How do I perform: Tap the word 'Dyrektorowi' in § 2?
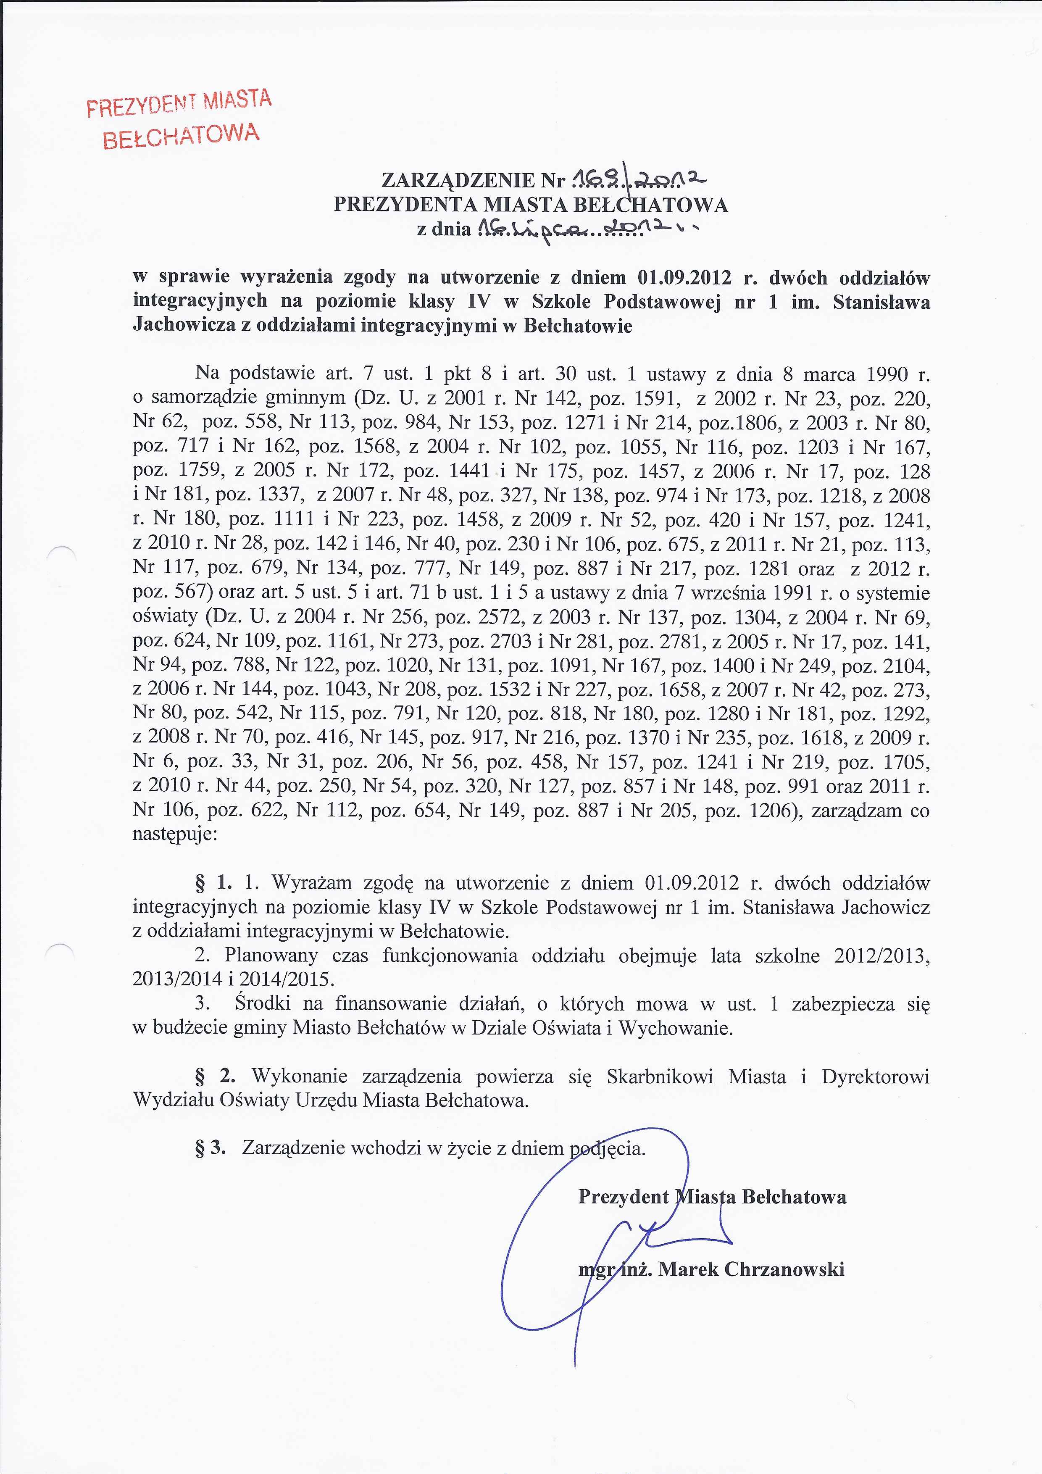(875, 1076)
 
